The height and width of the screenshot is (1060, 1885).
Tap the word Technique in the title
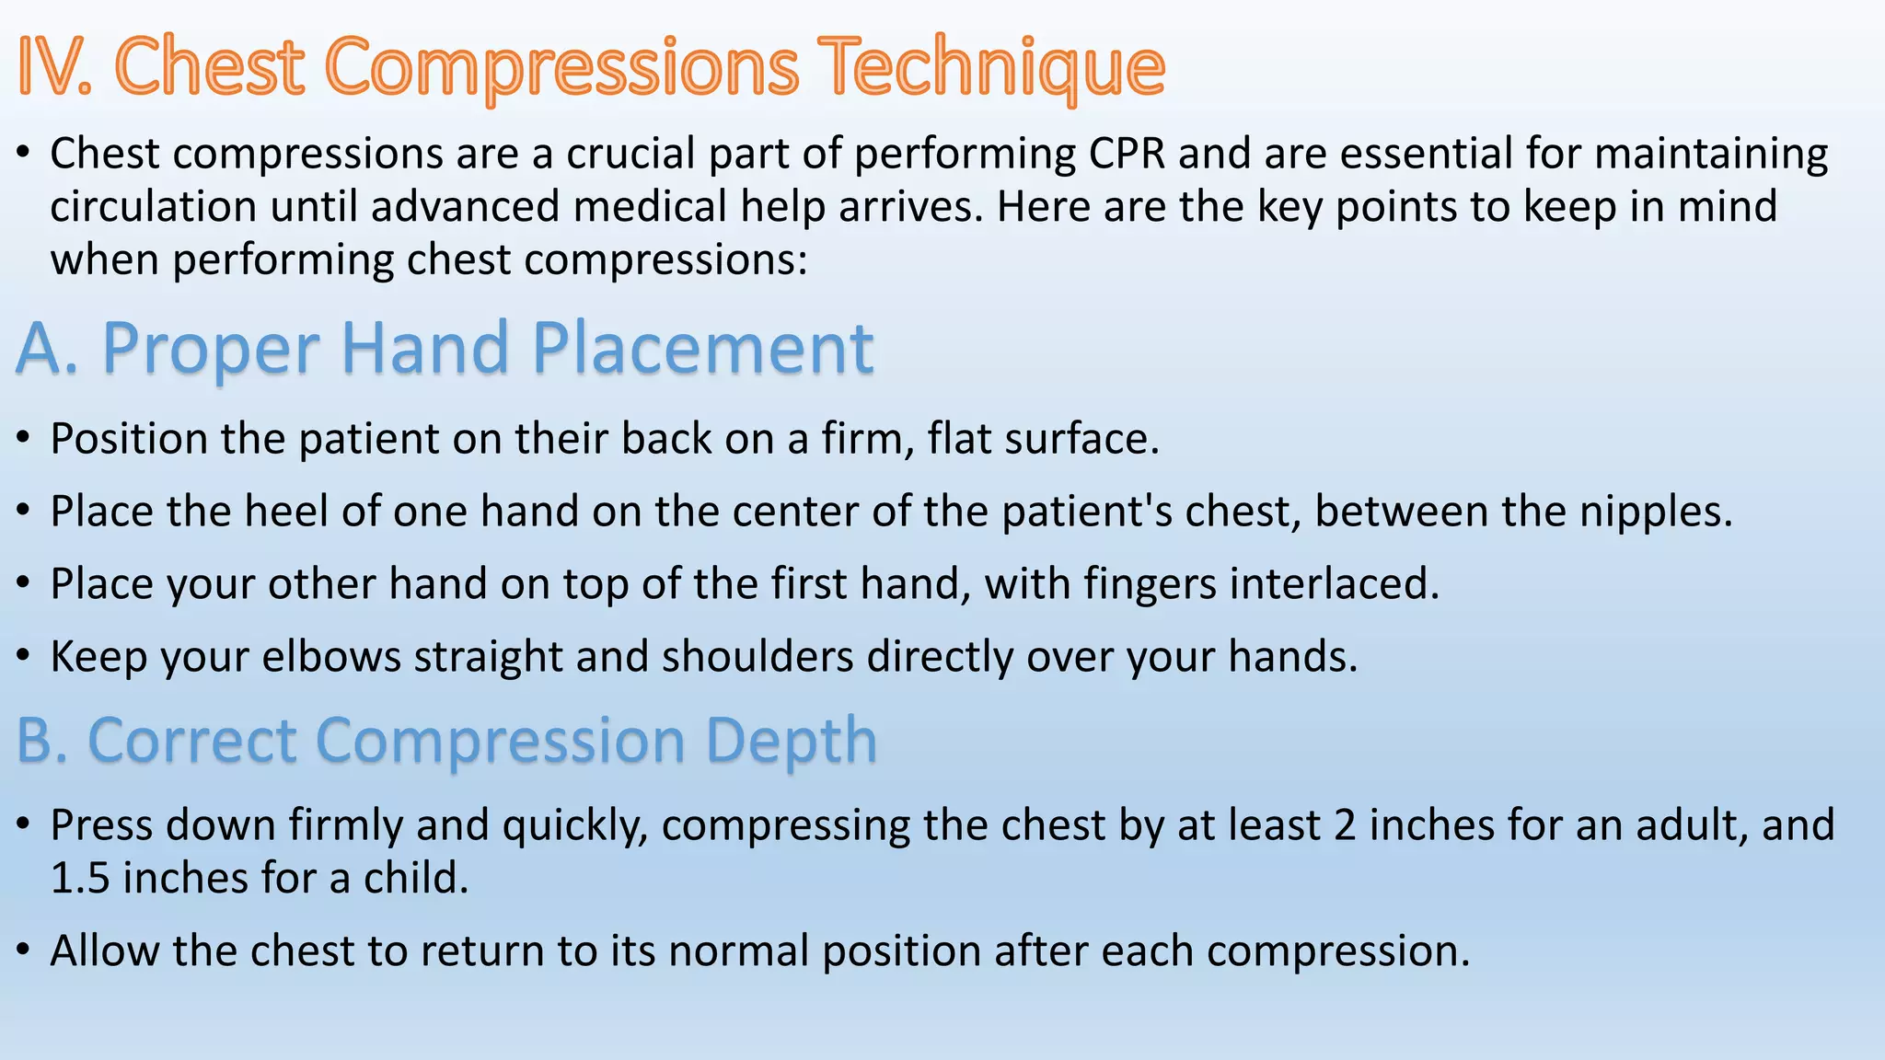(x=994, y=66)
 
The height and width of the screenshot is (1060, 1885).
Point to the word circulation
(x=153, y=207)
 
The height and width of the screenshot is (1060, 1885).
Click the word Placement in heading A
(x=703, y=349)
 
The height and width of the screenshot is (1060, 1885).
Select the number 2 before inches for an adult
(x=1345, y=825)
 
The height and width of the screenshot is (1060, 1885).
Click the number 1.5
(x=80, y=879)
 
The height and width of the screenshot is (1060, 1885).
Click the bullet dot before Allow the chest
(x=25, y=951)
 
